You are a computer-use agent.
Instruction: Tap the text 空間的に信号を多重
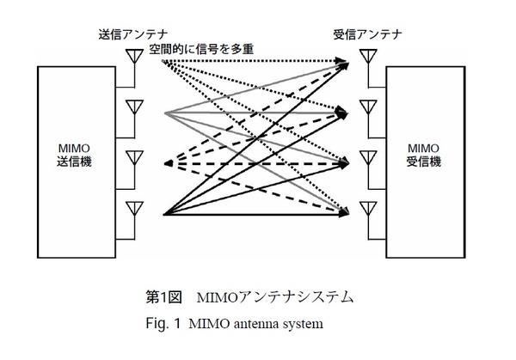203,50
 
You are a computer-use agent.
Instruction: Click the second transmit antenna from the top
133,108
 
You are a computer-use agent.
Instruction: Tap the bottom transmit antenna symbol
133,209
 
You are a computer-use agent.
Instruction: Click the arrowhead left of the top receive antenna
346,62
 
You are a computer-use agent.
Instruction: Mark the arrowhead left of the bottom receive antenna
346,212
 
